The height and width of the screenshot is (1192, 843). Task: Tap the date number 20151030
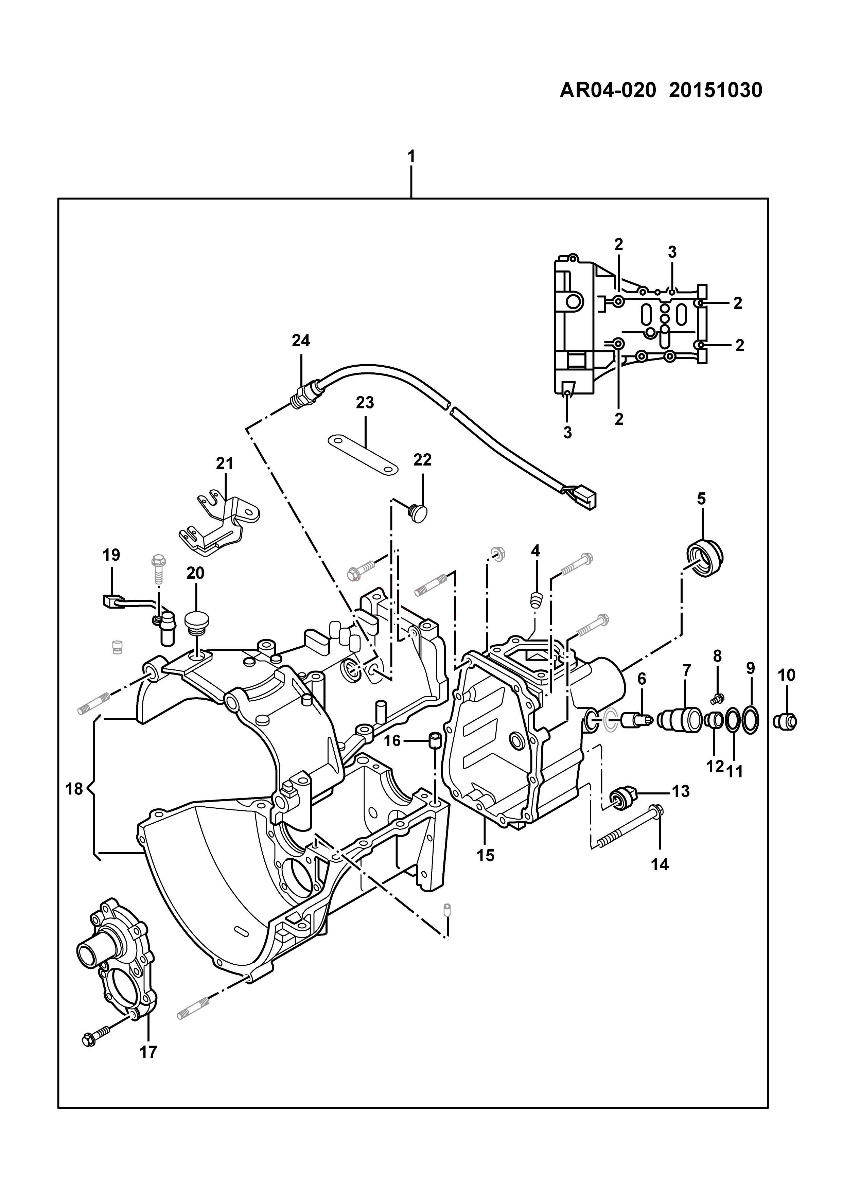[x=716, y=90]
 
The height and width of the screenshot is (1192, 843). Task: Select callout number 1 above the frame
[x=411, y=156]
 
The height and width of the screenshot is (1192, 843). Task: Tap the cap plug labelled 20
[x=196, y=625]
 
